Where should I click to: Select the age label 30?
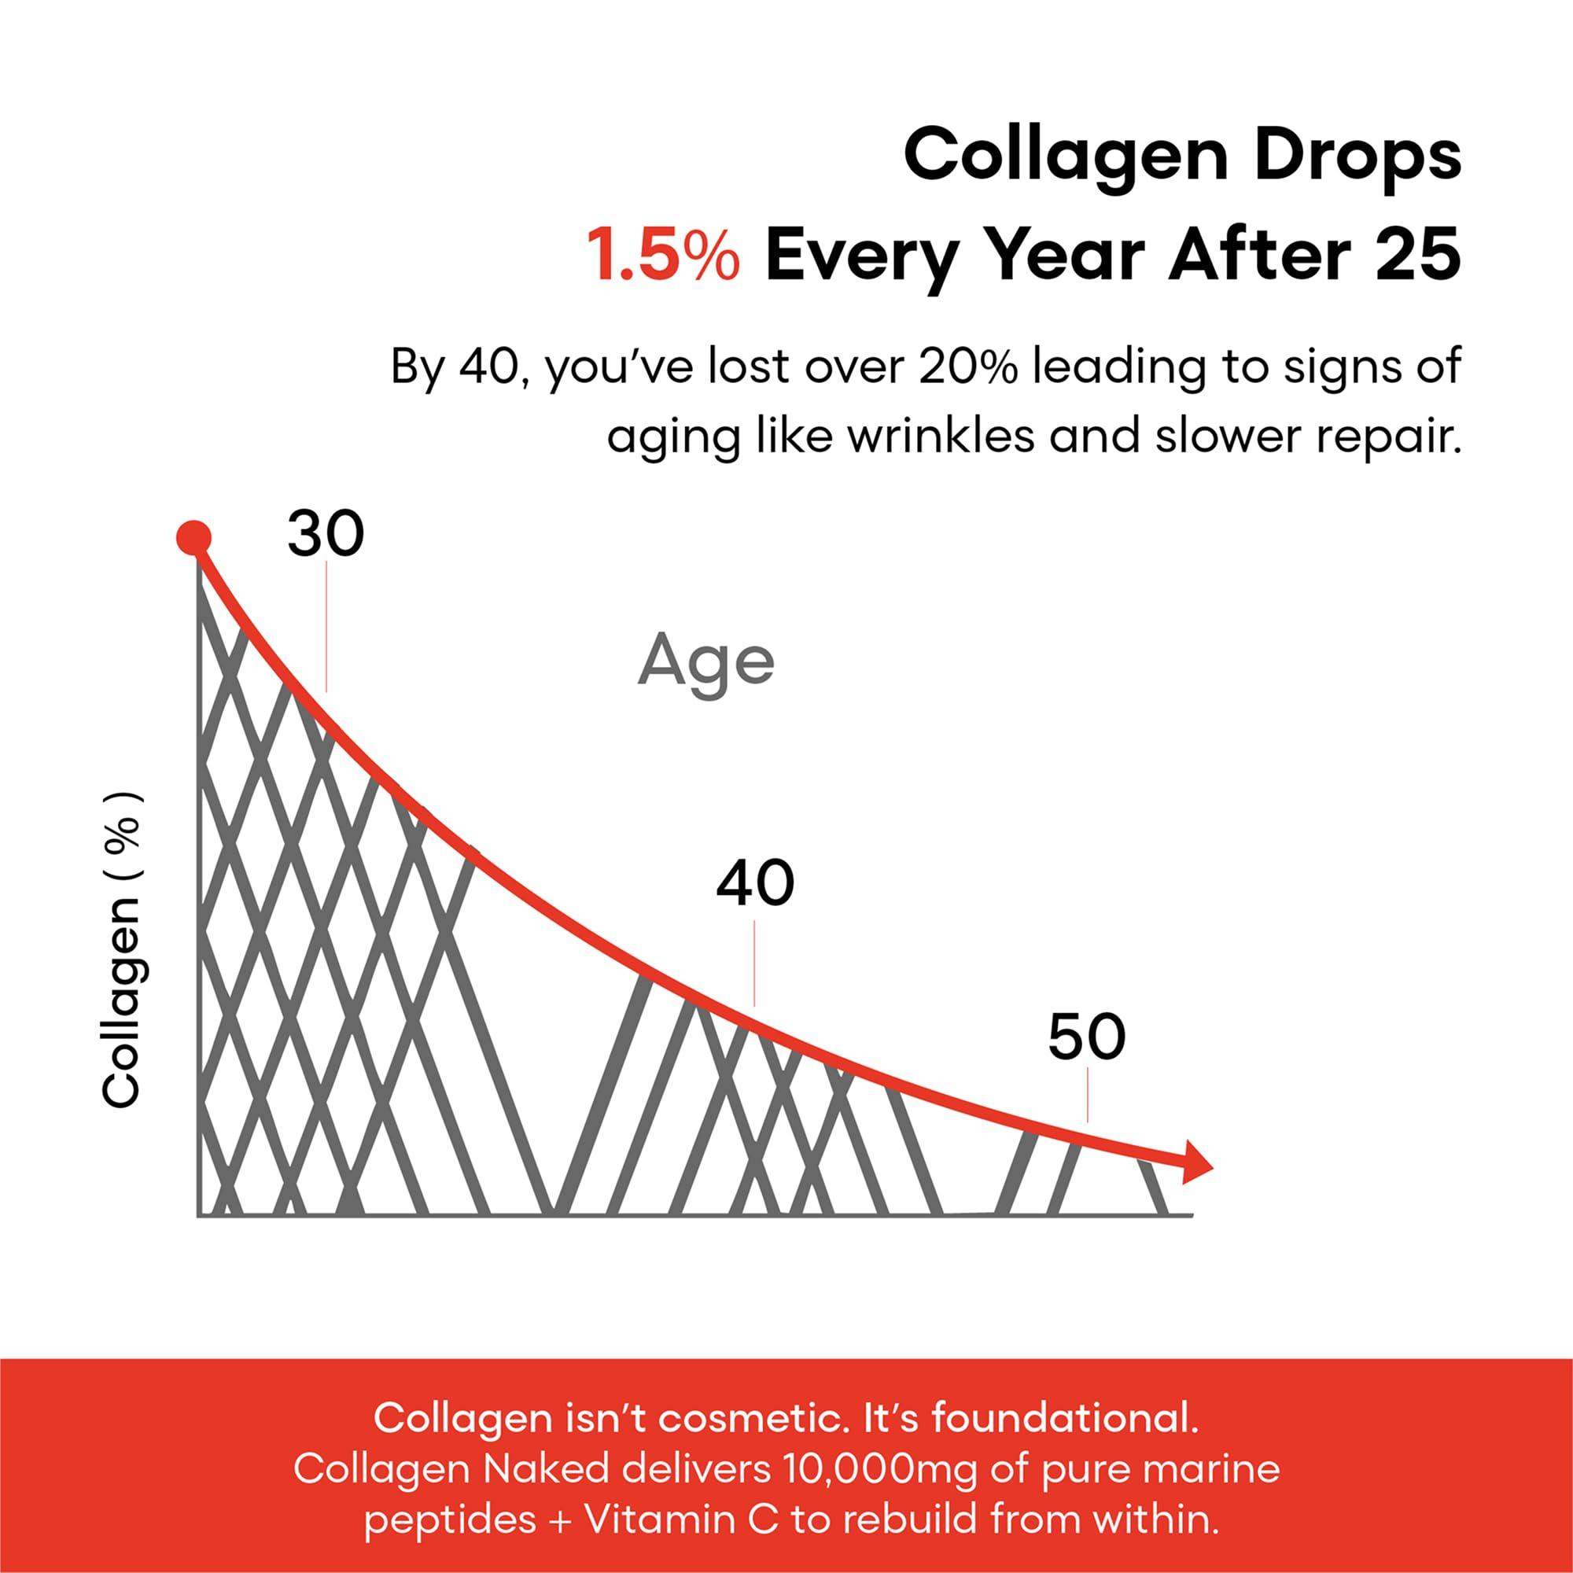[x=326, y=536]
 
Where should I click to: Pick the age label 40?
[x=755, y=884]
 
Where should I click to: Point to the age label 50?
[x=1086, y=1037]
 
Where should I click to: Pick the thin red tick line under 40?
[x=755, y=963]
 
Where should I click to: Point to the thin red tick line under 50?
[x=1088, y=1096]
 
